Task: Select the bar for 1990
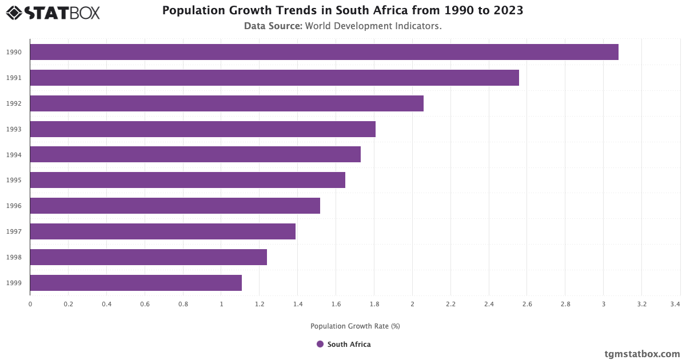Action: coord(324,52)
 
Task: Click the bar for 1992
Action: coord(226,103)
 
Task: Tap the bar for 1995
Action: coord(188,180)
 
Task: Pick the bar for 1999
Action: coord(135,283)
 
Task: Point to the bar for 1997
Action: coord(162,231)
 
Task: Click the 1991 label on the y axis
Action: coord(14,78)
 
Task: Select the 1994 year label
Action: coord(14,155)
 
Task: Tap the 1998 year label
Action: coord(14,257)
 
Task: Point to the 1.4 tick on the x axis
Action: coord(298,305)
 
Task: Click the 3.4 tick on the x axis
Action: coord(676,305)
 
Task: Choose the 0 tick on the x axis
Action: coord(30,305)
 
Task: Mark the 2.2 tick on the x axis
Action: coord(450,305)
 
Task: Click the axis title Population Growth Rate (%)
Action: coord(355,326)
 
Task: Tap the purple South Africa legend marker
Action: coord(320,344)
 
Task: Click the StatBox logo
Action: coord(53,13)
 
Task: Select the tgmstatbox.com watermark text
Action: coord(643,354)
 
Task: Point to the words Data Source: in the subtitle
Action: coord(273,26)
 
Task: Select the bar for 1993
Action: coord(202,129)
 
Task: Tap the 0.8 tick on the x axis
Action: coord(183,305)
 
